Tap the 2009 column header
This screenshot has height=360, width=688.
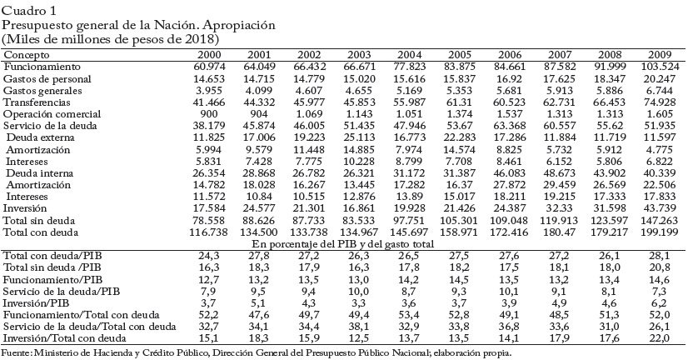pyautogui.click(x=661, y=53)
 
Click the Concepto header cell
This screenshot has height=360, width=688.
pyautogui.click(x=27, y=53)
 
